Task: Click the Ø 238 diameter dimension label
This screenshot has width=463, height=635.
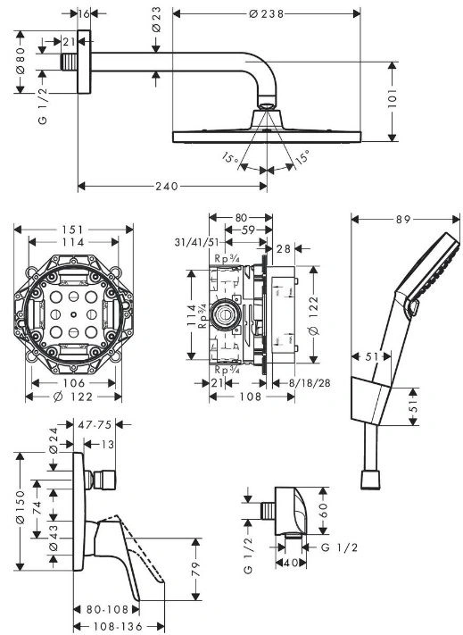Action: [267, 13]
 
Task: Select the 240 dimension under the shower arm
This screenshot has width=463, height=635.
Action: [167, 186]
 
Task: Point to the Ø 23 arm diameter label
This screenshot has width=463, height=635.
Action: [156, 20]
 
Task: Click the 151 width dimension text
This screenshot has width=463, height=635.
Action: [72, 230]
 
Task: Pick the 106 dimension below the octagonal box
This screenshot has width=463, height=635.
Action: [74, 383]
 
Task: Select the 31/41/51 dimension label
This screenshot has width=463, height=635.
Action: [196, 242]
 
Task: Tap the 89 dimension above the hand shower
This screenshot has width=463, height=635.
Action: [403, 219]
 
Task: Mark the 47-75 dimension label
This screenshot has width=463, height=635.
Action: [95, 424]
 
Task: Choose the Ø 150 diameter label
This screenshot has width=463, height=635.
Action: [21, 507]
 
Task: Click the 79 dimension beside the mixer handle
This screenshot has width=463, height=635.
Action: [195, 569]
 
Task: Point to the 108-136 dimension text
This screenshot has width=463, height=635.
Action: [118, 626]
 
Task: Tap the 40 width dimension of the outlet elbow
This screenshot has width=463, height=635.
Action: [291, 563]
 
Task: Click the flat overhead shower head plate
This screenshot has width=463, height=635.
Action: [267, 137]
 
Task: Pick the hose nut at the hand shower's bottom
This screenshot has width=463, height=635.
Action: [370, 480]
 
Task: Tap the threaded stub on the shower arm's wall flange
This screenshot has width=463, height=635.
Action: [70, 62]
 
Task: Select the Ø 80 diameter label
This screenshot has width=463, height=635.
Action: [21, 61]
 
